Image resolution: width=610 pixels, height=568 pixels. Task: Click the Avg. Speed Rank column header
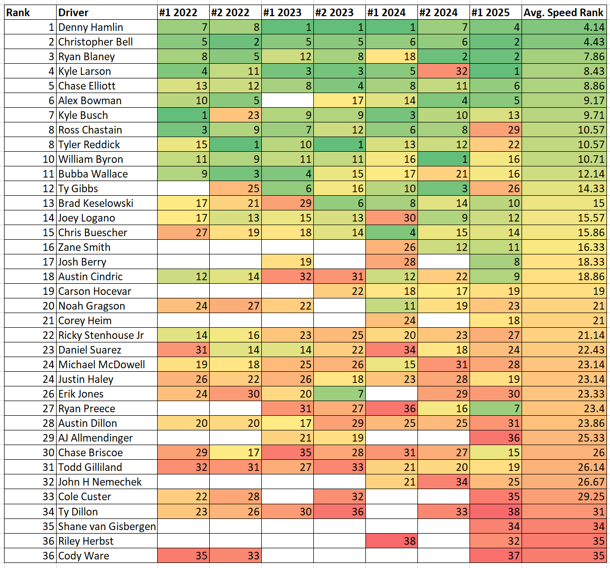coord(564,13)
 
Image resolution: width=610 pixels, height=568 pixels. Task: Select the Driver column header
coord(73,13)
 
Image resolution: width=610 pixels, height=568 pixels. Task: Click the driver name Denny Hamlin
coord(90,27)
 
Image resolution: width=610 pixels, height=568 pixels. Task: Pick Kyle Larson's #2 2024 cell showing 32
coord(443,71)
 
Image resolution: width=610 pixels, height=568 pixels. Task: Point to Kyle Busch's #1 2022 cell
coord(183,115)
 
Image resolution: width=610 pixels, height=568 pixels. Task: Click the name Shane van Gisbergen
coord(107,527)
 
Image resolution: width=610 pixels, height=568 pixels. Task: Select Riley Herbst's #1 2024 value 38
coord(391,541)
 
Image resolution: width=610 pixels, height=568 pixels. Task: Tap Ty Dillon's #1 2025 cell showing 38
coord(495,512)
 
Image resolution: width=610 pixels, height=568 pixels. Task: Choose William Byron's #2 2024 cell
coord(443,159)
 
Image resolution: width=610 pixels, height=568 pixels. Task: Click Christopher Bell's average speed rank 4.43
coord(564,42)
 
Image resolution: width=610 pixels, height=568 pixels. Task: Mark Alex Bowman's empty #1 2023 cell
coord(287,101)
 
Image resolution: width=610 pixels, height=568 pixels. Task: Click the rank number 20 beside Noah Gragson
coord(48,306)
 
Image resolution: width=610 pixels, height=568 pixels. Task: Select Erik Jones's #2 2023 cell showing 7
coord(339,394)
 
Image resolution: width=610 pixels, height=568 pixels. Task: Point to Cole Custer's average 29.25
coord(564,497)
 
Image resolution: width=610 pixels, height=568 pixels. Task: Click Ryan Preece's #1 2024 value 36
coord(391,409)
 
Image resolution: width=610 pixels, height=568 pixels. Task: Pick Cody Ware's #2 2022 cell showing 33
coord(235,556)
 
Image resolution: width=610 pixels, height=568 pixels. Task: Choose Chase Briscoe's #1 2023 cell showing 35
coord(287,453)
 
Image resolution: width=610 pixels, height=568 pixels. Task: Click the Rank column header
coord(18,13)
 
